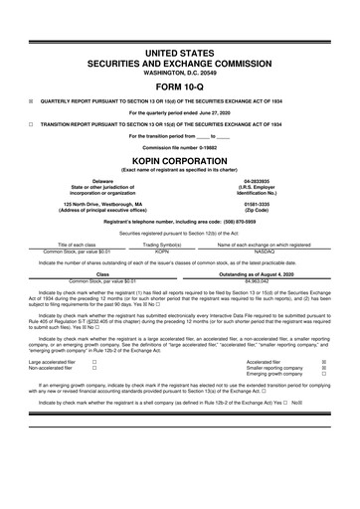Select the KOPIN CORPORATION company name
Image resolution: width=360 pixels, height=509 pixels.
[179, 160]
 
